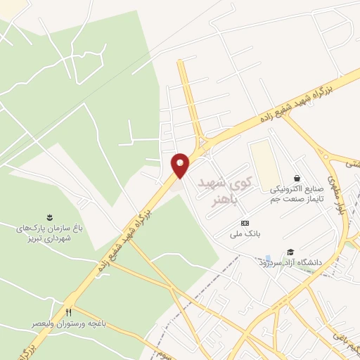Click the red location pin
[x=181, y=165]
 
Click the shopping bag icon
[x=297, y=179]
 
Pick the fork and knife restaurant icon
[x=68, y=312]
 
